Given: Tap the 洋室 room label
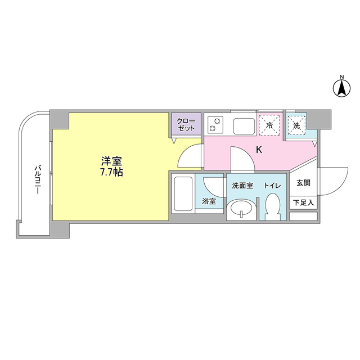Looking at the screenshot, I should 110,160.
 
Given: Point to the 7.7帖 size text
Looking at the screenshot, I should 110,173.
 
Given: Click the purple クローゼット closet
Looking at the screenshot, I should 186,125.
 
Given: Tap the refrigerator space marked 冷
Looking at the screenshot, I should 270,125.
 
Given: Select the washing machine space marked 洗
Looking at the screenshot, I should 296,125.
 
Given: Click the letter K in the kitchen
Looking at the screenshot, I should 259,150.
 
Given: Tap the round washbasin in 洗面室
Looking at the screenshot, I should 242,209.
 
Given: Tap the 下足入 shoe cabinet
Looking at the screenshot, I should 303,202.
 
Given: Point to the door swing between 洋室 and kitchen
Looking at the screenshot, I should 189,156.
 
